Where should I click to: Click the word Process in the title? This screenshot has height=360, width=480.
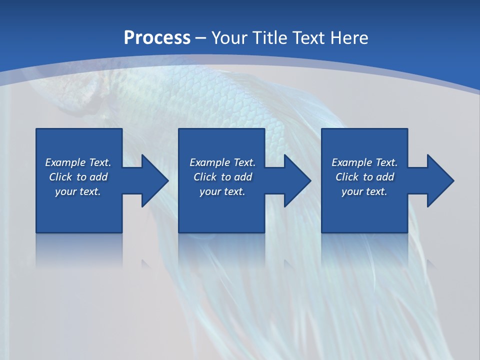tap(157, 37)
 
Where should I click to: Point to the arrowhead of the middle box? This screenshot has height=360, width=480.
tap(296, 180)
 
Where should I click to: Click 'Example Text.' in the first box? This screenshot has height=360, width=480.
tap(78, 162)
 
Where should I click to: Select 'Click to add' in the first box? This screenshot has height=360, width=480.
tap(78, 177)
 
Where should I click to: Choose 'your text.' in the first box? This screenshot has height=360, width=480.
tap(78, 191)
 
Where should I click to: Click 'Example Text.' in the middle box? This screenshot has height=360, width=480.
tap(222, 162)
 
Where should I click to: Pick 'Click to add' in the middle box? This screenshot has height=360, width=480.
tap(222, 177)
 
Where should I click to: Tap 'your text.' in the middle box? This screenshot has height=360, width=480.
tap(222, 191)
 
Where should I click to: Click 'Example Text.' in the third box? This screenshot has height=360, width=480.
tap(364, 162)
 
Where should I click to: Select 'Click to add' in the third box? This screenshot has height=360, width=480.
tap(364, 177)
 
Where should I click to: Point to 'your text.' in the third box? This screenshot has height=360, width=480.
tap(364, 191)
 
